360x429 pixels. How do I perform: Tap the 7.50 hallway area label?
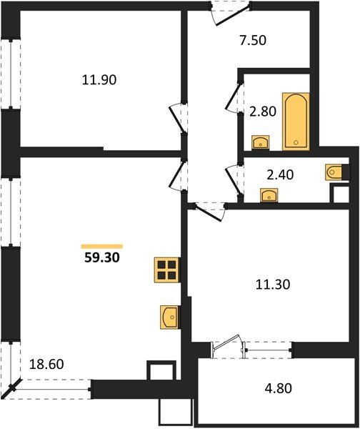[252, 41]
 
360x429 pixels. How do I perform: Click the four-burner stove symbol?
[166, 270]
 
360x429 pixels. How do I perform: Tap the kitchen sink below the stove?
[169, 315]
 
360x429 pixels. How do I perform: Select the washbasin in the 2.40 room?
[269, 195]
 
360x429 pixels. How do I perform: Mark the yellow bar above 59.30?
[101, 245]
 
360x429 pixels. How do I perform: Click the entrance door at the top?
[231, 12]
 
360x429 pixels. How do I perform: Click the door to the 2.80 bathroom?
[232, 99]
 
